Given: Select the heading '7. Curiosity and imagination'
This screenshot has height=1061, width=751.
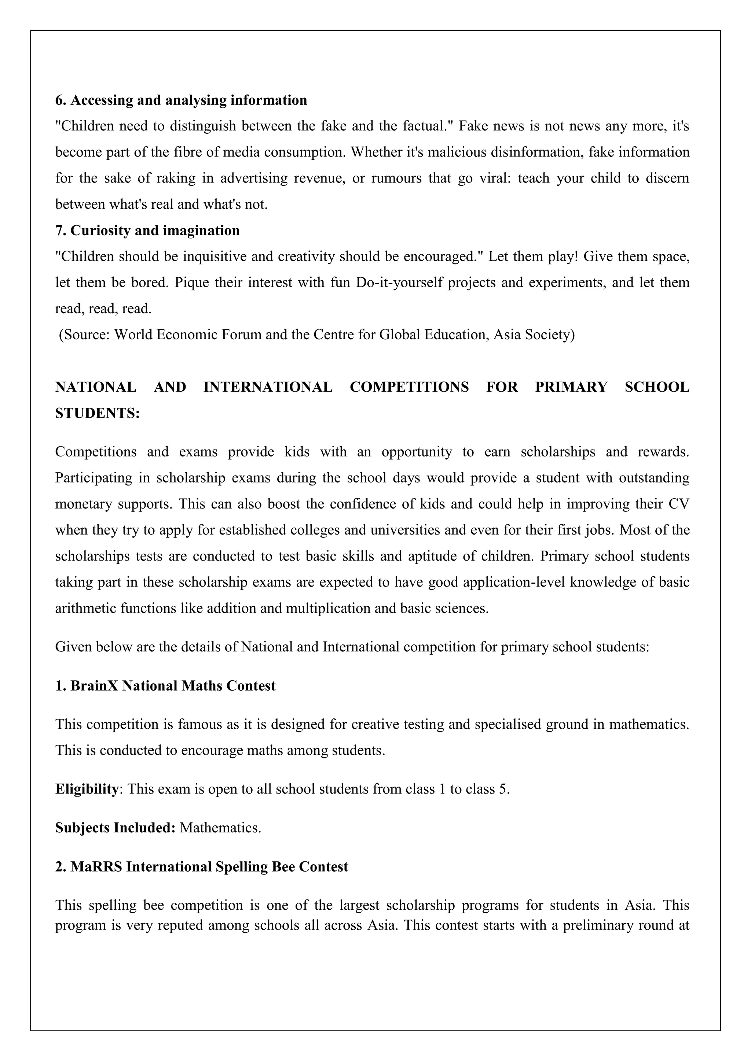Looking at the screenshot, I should pyautogui.click(x=147, y=230).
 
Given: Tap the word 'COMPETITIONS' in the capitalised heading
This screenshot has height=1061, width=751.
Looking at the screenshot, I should pyautogui.click(x=409, y=387).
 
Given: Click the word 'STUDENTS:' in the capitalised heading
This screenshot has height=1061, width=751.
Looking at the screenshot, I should pyautogui.click(x=97, y=413).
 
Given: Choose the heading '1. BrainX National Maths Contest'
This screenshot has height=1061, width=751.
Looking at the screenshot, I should pyautogui.click(x=165, y=685).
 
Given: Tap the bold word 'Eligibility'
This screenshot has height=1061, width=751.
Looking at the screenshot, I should pyautogui.click(x=87, y=788).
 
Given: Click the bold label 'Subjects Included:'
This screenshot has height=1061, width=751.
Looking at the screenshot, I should pyautogui.click(x=115, y=827).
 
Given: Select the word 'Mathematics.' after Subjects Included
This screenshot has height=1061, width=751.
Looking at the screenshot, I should pyautogui.click(x=221, y=827).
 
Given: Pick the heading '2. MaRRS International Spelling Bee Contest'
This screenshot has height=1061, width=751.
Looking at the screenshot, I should pyautogui.click(x=201, y=866).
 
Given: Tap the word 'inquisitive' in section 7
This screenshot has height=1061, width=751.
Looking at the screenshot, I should pyautogui.click(x=215, y=256).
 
